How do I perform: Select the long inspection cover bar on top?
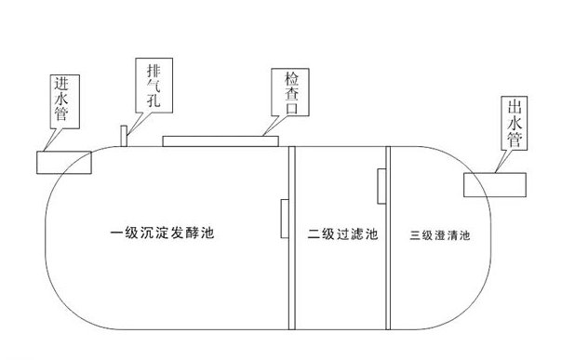pyautogui.click(x=220, y=140)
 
